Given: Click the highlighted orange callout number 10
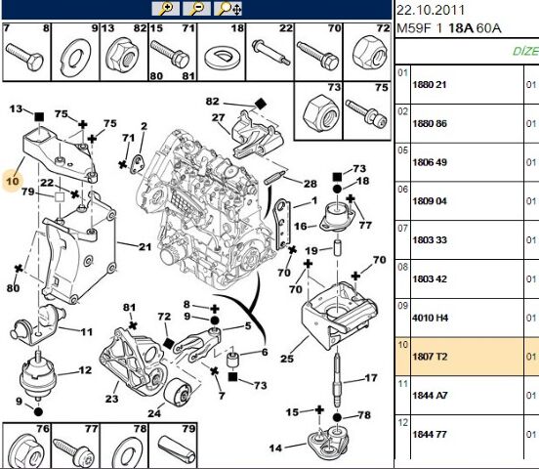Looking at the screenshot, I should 12,181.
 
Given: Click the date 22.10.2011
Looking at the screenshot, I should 431,10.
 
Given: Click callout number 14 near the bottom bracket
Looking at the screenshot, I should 275,448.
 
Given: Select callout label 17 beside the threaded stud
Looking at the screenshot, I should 370,377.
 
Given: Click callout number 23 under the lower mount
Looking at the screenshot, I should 111,398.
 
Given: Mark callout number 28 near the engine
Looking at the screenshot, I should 310,184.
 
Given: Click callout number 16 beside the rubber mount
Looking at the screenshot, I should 301,227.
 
